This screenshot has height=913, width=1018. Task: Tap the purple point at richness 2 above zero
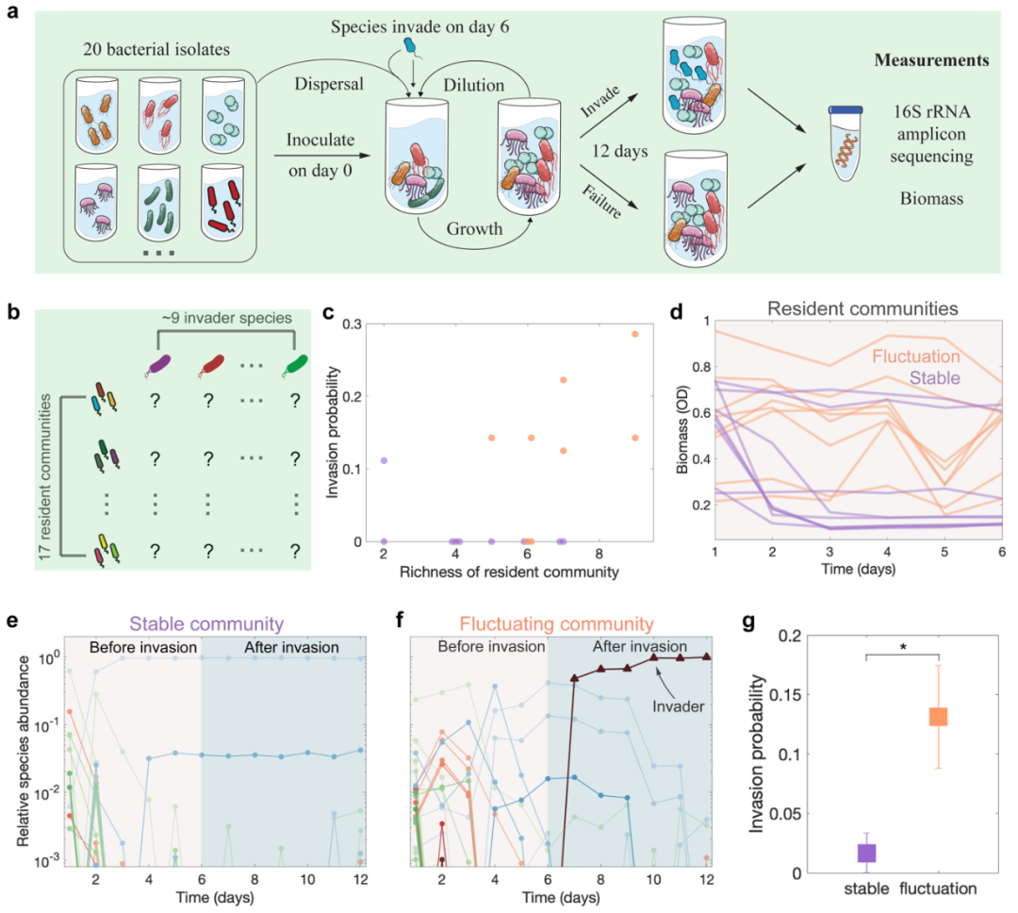(x=384, y=460)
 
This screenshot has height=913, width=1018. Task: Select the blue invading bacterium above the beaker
(x=408, y=45)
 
